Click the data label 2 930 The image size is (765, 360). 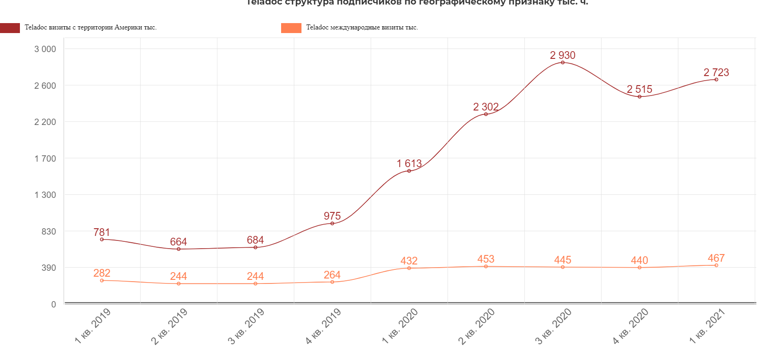pyautogui.click(x=563, y=55)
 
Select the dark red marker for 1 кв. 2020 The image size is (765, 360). pyautogui.click(x=409, y=171)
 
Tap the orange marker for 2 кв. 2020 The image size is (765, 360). pyautogui.click(x=486, y=266)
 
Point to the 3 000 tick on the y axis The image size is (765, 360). pyautogui.click(x=45, y=49)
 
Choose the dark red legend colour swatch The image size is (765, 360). pyautogui.click(x=10, y=28)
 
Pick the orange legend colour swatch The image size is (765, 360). pyautogui.click(x=291, y=28)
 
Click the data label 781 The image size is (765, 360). pyautogui.click(x=102, y=232)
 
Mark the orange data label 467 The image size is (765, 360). pyautogui.click(x=716, y=258)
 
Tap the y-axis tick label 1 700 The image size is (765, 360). pyautogui.click(x=45, y=158)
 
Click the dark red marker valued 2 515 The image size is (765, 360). pyautogui.click(x=640, y=96)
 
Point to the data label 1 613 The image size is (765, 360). pyautogui.click(x=409, y=163)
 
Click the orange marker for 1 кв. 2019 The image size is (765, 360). pyautogui.click(x=102, y=280)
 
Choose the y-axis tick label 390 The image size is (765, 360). pyautogui.click(x=49, y=268)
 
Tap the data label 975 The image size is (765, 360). pyautogui.click(x=332, y=216)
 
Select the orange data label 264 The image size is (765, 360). pyautogui.click(x=332, y=275)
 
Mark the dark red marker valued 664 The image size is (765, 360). pyautogui.click(x=179, y=249)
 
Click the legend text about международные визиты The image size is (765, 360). pyautogui.click(x=362, y=28)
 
